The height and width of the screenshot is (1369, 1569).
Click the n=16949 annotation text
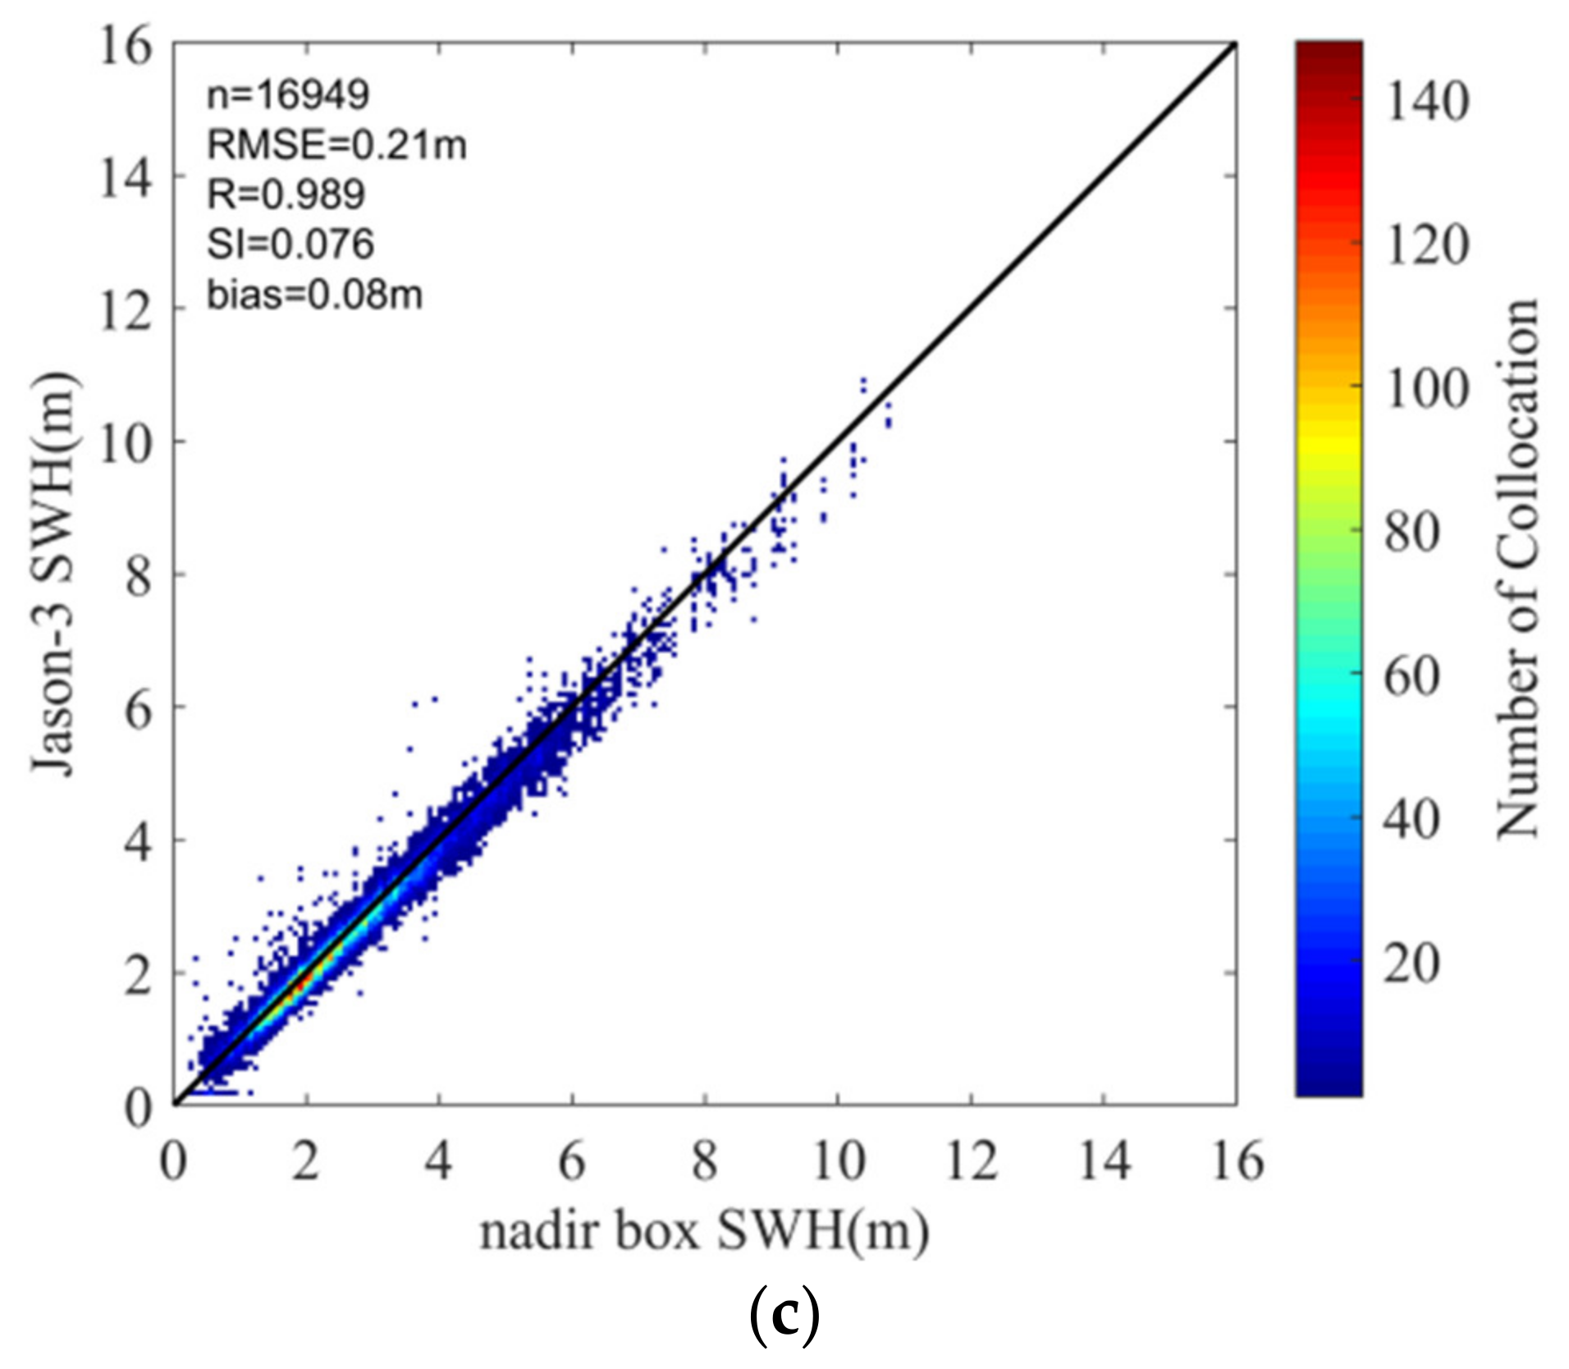(x=287, y=95)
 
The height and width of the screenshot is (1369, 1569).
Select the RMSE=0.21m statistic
(x=336, y=145)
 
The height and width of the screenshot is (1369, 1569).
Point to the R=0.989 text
(x=286, y=195)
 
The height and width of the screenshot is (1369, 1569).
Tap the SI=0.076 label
(x=290, y=245)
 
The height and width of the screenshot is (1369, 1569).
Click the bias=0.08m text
(x=314, y=295)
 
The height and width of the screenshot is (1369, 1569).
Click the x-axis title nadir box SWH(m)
(x=704, y=1232)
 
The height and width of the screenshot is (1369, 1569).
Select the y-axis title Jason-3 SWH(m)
(x=55, y=574)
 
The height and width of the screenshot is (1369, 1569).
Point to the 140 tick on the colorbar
(x=1426, y=103)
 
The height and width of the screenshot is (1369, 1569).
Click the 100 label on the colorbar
(x=1426, y=388)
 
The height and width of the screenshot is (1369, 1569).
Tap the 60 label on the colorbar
(x=1411, y=675)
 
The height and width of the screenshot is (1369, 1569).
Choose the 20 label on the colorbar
(x=1411, y=962)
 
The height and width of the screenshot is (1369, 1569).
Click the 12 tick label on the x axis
(x=971, y=1162)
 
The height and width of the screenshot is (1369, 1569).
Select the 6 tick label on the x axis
(x=572, y=1162)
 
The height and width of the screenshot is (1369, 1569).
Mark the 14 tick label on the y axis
(x=126, y=177)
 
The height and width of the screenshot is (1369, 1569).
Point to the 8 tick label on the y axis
(x=139, y=576)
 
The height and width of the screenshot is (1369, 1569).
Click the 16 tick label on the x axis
(x=1237, y=1162)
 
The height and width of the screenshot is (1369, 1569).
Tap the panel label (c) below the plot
(x=784, y=1316)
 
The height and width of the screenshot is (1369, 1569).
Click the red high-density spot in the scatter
(x=302, y=979)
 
